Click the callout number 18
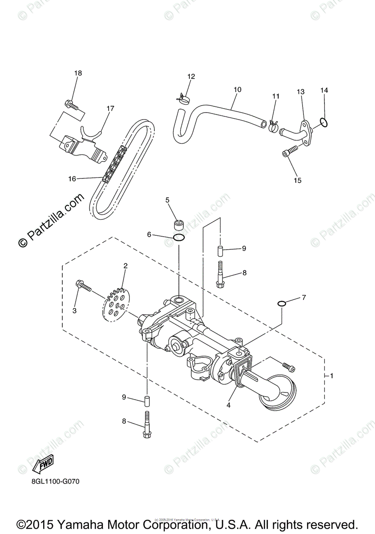pos(78,73)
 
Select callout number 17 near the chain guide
pos(110,108)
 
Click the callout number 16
pos(72,178)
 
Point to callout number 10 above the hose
pos(237,89)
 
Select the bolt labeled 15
pos(289,152)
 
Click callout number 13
pos(301,92)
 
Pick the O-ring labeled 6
pos(178,238)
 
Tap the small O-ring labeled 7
pos(281,303)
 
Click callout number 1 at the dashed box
pos(331,376)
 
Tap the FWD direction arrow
pos(44,465)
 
